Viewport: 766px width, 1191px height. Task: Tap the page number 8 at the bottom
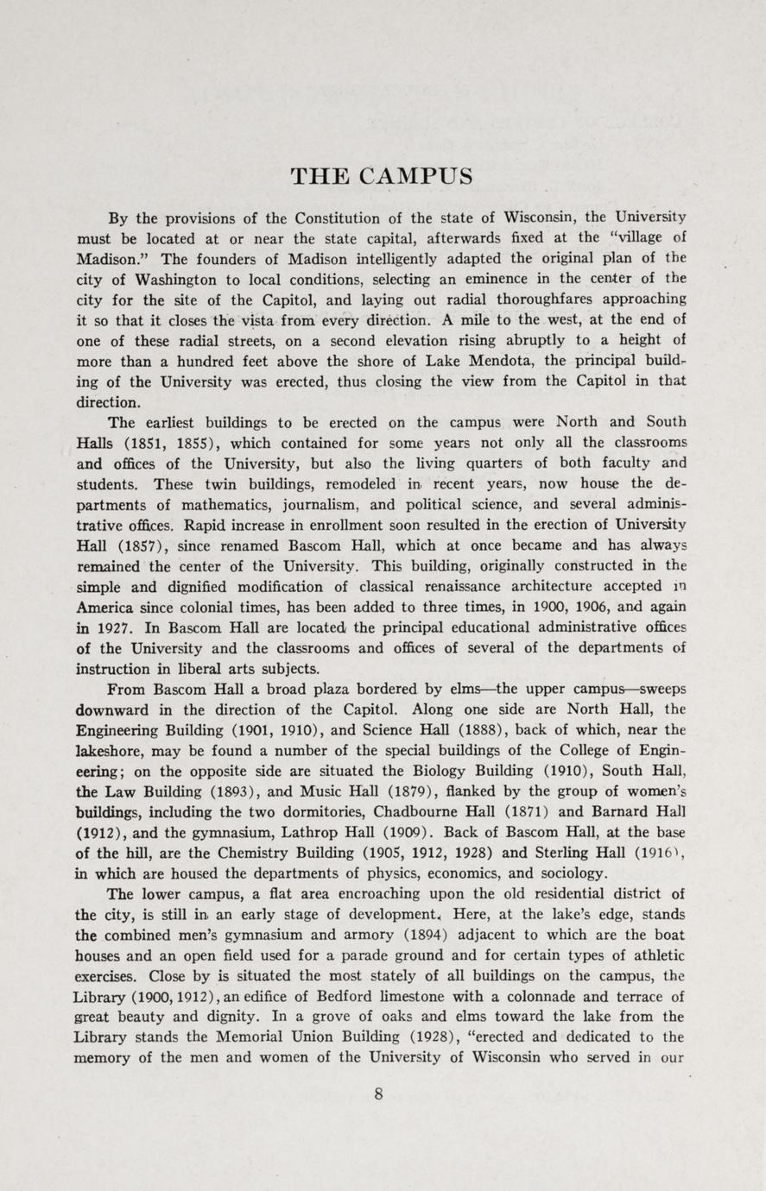[378, 1093]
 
